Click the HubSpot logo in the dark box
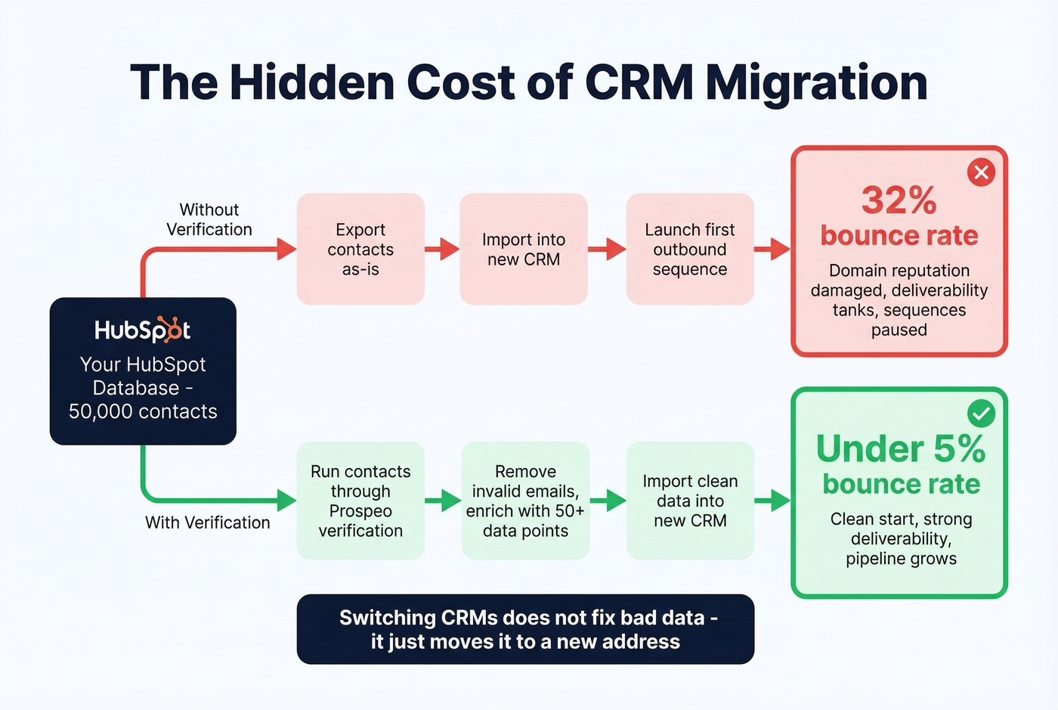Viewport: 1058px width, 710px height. (142, 330)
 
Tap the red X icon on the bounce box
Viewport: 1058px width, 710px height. (981, 172)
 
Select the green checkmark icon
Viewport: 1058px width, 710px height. (981, 414)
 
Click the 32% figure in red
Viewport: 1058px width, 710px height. (899, 200)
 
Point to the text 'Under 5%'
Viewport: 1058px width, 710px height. (900, 448)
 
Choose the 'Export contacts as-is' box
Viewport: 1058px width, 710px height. (360, 249)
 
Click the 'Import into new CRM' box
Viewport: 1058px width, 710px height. (523, 249)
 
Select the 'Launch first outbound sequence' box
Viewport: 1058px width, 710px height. (689, 249)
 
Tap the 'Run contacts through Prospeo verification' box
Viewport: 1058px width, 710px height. (360, 501)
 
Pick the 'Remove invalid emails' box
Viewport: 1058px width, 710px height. (525, 501)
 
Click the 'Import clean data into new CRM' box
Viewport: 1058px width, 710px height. (690, 501)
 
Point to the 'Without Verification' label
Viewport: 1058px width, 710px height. (209, 219)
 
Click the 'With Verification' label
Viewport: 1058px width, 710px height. (207, 522)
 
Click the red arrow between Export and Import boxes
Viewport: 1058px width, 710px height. (442, 249)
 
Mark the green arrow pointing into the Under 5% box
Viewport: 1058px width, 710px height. (772, 501)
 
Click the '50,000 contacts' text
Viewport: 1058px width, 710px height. (143, 411)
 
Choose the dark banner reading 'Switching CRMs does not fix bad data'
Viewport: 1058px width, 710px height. (525, 629)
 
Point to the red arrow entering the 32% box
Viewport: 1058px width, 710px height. (772, 249)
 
